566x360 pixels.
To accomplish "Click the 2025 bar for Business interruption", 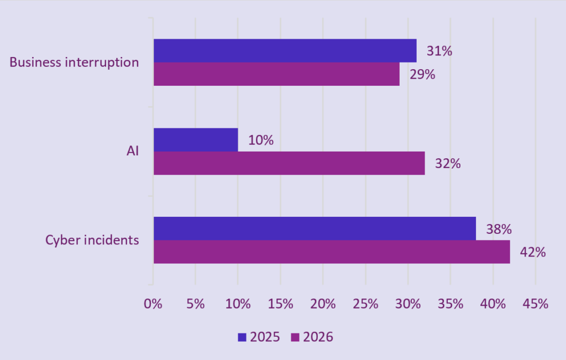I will pos(285,51).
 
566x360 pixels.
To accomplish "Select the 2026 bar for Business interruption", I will pos(276,74).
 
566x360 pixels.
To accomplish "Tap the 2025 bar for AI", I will pos(196,140).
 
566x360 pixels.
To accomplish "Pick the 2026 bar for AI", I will pos(289,163).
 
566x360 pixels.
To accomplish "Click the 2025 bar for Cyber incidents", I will pos(315,228).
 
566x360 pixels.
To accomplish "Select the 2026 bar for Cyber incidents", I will pos(332,252).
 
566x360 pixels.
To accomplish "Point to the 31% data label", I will pos(439,51).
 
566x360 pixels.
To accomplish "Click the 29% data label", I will pos(422,75).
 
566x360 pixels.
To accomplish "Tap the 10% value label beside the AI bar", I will pos(260,140).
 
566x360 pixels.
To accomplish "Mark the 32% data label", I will pos(448,164).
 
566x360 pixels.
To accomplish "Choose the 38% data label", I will pos(499,229).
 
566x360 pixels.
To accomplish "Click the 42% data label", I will pos(533,252).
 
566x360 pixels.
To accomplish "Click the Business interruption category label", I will pos(74,62).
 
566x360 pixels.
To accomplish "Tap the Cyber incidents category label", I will pos(92,240).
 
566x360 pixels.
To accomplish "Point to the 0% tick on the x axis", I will pos(153,304).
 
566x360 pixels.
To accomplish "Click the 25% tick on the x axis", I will pos(365,304).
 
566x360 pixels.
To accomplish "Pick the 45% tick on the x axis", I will pos(536,304).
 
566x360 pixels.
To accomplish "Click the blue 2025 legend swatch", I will pos(242,337).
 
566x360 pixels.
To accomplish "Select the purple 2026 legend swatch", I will pos(295,337).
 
